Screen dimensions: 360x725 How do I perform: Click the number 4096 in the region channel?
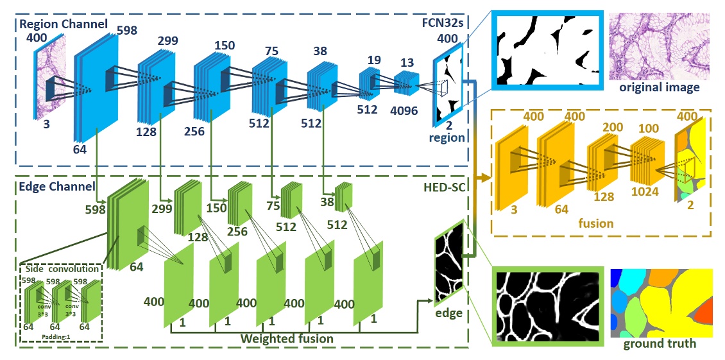(404, 110)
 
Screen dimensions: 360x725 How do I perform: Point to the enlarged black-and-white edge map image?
(548, 304)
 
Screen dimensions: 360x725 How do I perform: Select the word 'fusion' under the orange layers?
(595, 224)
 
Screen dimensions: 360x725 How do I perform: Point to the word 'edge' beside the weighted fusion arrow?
(448, 313)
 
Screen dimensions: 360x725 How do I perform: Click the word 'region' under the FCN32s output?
(447, 137)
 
